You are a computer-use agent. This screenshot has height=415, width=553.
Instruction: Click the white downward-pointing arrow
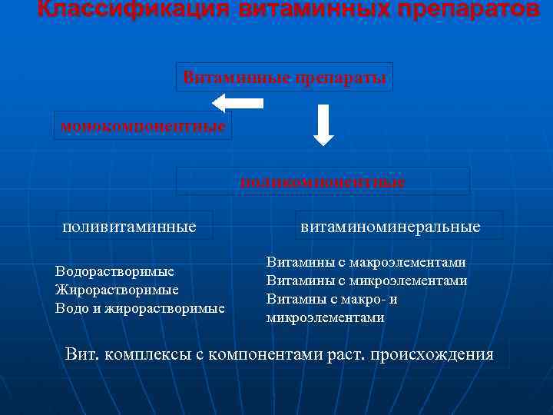click(324, 125)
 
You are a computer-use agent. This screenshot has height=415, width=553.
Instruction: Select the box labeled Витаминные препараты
click(284, 78)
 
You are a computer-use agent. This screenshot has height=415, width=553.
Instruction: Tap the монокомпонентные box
click(143, 125)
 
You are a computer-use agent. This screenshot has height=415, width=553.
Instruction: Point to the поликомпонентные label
click(323, 182)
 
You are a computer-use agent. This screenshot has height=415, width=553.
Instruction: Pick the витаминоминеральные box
click(390, 226)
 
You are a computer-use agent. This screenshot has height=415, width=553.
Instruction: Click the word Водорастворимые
click(114, 271)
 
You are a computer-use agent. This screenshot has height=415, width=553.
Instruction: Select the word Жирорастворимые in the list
click(117, 290)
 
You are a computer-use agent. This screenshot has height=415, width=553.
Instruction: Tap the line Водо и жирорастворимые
click(140, 308)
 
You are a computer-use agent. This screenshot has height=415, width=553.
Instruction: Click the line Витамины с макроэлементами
click(366, 262)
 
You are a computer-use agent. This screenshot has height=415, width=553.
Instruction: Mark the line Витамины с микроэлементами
click(366, 281)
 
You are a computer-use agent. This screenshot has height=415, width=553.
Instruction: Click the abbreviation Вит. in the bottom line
click(82, 354)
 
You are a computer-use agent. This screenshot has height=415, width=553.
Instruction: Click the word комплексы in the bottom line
click(143, 354)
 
